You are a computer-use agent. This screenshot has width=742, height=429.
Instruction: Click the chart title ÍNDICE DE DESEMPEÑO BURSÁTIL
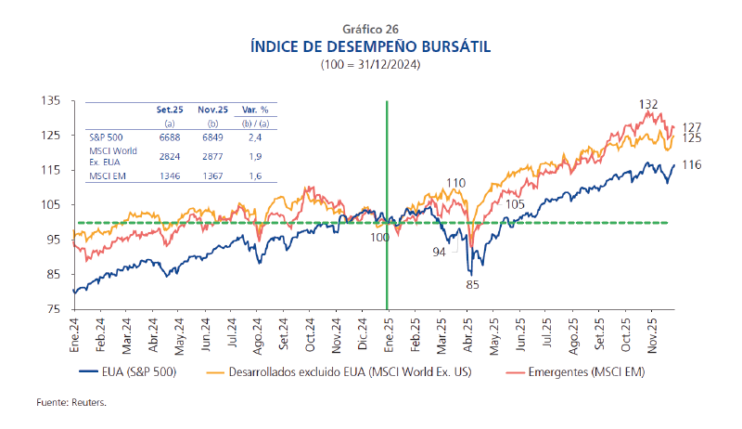click(370, 45)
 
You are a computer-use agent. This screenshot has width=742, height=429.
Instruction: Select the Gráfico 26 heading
click(370, 29)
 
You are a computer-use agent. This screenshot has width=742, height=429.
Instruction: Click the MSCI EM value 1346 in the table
click(169, 175)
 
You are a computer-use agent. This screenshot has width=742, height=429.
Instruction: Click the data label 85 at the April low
click(472, 285)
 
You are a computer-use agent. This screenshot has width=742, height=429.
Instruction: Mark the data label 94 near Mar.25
click(439, 252)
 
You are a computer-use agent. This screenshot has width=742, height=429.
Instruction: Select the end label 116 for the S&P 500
click(690, 164)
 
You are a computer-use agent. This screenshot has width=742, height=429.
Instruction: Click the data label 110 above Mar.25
click(454, 182)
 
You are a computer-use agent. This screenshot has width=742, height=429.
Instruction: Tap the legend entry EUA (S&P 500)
click(139, 373)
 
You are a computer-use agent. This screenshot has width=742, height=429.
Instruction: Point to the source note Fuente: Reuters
click(71, 404)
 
